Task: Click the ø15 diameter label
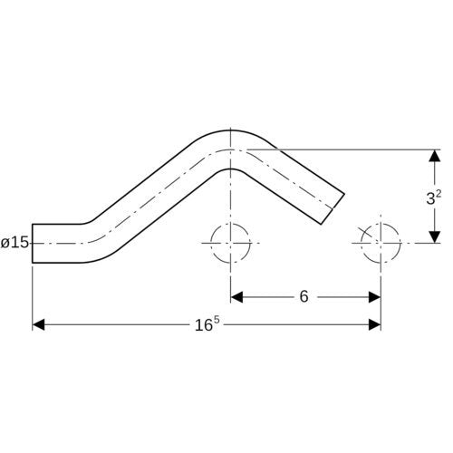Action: coord(14,243)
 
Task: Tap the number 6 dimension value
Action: coord(304,296)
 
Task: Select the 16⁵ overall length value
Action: coord(207,324)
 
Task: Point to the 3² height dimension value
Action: coord(434,198)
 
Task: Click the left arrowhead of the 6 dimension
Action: coord(236,297)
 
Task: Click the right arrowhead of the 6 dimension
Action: coord(374,297)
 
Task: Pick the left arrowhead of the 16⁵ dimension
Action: coord(38,324)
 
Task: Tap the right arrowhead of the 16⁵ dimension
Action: coord(374,324)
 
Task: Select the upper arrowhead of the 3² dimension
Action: coord(435,156)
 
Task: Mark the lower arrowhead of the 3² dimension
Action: coord(435,236)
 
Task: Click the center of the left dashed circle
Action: coord(230,243)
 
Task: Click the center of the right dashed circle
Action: coord(381,243)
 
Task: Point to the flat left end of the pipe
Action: coord(33,244)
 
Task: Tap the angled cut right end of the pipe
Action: coord(333,208)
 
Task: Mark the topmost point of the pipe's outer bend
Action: coord(230,130)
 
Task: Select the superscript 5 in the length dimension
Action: coord(216,321)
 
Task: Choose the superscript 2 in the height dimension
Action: coord(439,194)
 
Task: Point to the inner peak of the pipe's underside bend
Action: coord(230,169)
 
